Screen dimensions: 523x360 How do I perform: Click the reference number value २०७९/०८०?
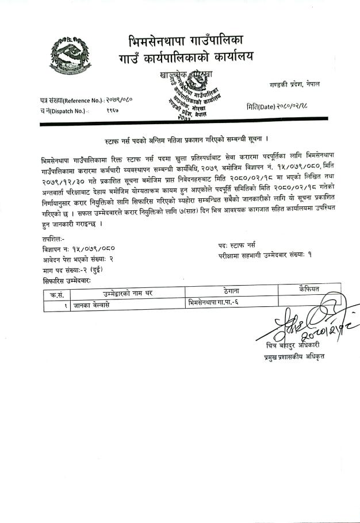click(120, 99)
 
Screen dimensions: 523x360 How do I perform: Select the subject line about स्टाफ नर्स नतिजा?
click(180, 140)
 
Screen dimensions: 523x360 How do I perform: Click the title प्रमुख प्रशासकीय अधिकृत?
click(291, 357)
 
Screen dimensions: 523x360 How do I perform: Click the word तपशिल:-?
click(53, 237)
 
